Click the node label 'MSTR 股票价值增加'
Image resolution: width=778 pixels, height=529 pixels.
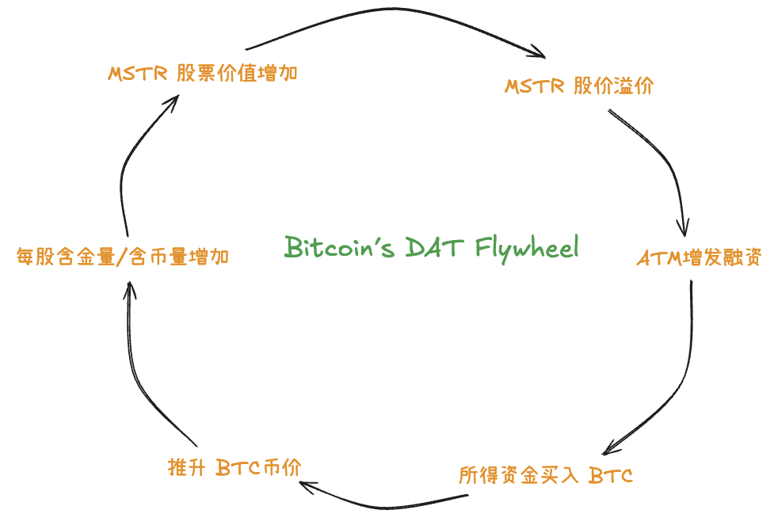tap(203, 74)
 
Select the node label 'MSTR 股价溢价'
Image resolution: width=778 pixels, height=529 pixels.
tap(579, 86)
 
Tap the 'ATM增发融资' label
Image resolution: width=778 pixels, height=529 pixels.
tap(699, 258)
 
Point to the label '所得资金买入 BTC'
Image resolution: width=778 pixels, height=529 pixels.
tap(545, 475)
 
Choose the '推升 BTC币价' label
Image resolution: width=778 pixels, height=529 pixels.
tap(235, 467)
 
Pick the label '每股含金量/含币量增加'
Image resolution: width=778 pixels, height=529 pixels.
tap(122, 257)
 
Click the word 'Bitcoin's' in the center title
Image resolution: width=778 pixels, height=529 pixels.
tap(339, 246)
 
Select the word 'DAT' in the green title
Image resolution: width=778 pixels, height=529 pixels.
tap(435, 247)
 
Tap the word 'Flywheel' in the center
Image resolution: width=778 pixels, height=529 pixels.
tap(527, 249)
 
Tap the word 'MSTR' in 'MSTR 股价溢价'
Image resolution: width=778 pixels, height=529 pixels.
tap(534, 86)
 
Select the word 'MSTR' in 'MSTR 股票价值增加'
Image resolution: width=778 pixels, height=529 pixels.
tap(137, 74)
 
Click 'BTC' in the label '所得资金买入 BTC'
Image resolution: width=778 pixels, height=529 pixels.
tap(611, 476)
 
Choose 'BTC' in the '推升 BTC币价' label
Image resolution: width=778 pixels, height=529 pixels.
tap(238, 467)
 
